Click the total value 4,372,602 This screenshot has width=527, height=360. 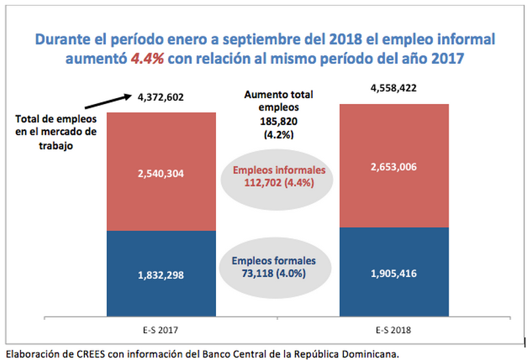tap(160, 98)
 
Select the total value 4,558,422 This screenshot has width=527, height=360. tap(393, 88)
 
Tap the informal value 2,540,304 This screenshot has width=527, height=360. tap(161, 174)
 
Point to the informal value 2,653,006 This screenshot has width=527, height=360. tap(393, 167)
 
